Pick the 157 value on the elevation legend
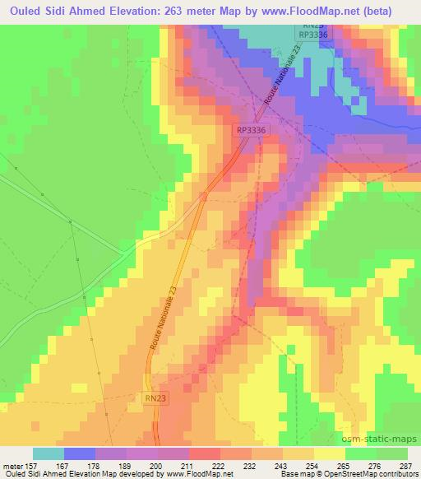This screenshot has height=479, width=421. coord(33,465)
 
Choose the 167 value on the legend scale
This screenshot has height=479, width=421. coord(63,465)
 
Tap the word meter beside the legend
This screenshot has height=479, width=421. coord(12,465)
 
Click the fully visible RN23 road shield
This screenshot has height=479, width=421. coord(155,398)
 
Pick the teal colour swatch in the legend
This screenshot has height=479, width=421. coord(49,453)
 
